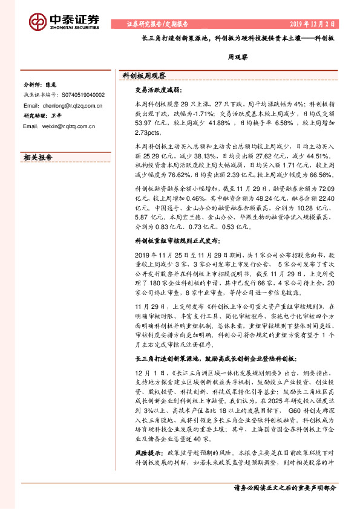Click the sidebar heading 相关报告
[38, 157]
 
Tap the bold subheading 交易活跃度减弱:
[156, 92]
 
